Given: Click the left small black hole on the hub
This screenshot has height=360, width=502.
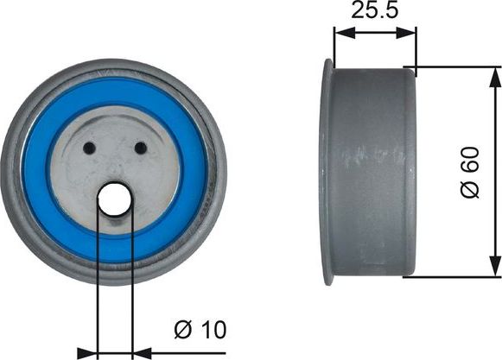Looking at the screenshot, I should pos(88,148).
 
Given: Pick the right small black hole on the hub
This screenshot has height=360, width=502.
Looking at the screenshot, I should pos(140,148).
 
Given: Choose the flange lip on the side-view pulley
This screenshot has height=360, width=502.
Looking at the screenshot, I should pos(327,173).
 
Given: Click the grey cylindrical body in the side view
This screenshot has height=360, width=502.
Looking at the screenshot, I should pos(372,173).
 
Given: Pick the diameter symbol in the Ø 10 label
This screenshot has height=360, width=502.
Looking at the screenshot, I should pos(182,329).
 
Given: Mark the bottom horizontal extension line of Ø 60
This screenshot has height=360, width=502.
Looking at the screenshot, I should pos(454,277).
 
